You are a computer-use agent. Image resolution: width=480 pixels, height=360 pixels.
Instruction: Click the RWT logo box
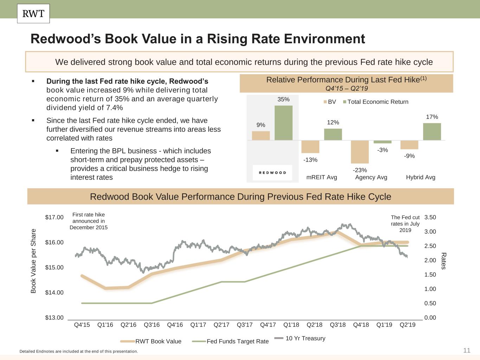pos(33,14)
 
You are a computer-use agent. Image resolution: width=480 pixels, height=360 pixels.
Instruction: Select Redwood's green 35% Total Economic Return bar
pos(283,123)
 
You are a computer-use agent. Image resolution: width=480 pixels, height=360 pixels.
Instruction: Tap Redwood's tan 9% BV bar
pos(261,136)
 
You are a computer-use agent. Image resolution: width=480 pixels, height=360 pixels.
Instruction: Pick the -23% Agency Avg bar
pos(360,152)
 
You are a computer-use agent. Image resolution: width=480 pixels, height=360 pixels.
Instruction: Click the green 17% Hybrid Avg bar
pos(432,131)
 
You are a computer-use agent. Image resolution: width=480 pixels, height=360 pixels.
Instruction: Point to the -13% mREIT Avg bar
pos(310,147)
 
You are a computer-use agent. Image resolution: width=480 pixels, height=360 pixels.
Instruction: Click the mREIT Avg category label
pos(321,177)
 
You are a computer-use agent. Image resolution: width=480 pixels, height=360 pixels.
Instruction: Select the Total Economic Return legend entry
pos(376,102)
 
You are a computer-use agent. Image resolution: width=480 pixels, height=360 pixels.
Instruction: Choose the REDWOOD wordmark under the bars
pos(273,173)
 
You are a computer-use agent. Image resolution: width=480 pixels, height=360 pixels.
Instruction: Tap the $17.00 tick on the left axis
pos(54,217)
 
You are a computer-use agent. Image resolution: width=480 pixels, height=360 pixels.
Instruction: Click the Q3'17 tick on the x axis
pos(244,325)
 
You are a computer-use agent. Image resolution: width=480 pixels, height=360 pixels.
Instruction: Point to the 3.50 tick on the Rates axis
pos(430,217)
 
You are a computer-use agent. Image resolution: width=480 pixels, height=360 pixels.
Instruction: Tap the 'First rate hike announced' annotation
pos(89,221)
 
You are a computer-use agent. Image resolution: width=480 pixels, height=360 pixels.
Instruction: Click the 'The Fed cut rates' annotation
pos(405,224)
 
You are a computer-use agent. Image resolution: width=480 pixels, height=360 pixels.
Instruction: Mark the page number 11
pos(467,350)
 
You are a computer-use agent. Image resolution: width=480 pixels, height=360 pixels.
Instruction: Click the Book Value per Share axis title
pos(33,261)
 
